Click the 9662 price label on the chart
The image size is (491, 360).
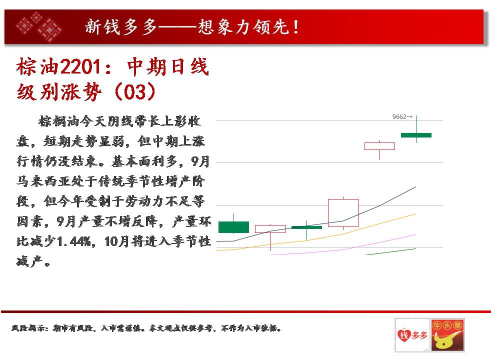pos(402,117)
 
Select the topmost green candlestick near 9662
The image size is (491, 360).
pos(416,135)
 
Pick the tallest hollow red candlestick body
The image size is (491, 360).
pos(343,213)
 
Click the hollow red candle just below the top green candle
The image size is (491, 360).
pos(379,146)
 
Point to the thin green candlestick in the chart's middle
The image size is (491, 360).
pos(306,227)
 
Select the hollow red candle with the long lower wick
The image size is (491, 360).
pos(270,229)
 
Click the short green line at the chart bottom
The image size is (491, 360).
pos(391,251)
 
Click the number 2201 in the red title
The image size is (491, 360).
pos(80,66)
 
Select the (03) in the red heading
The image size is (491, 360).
pos(135,91)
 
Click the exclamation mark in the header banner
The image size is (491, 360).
pos(296,27)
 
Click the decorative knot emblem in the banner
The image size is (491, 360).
pos(39,26)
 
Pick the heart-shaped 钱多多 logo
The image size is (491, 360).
pos(412,335)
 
